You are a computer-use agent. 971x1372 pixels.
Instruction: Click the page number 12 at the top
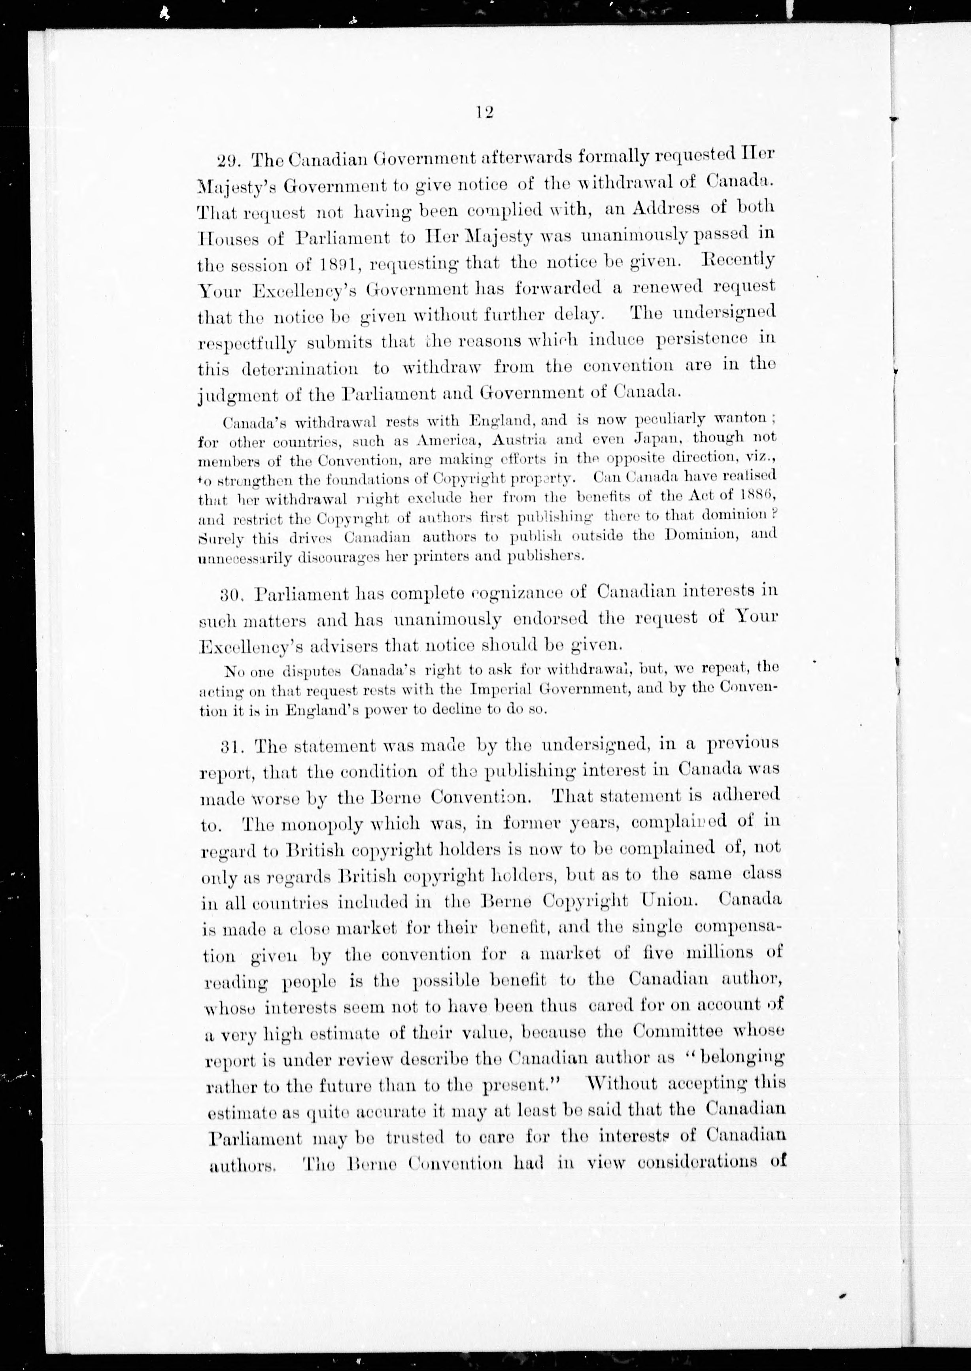pos(484,112)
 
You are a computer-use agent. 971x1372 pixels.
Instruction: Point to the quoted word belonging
pos(737,1058)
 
